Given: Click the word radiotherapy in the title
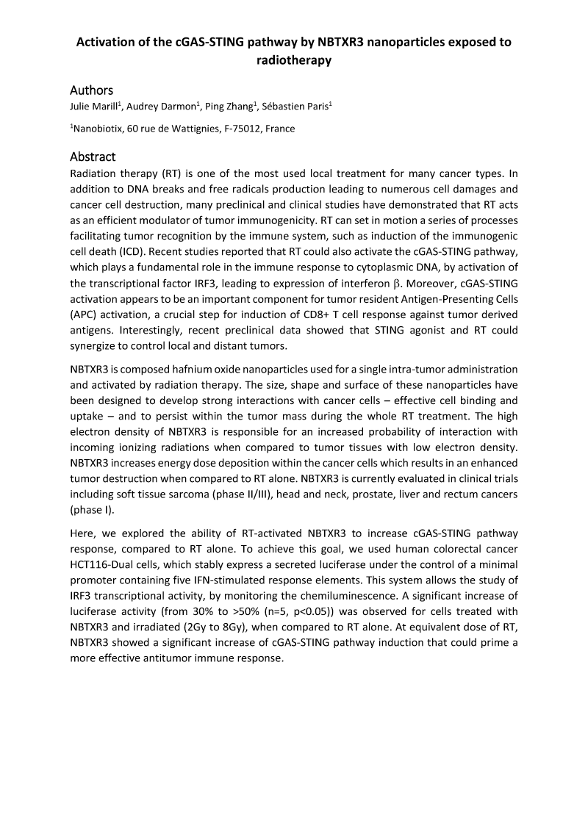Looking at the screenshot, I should tap(294, 61).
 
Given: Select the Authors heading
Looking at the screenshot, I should tap(91, 90).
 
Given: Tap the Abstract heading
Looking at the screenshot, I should tap(93, 157).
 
